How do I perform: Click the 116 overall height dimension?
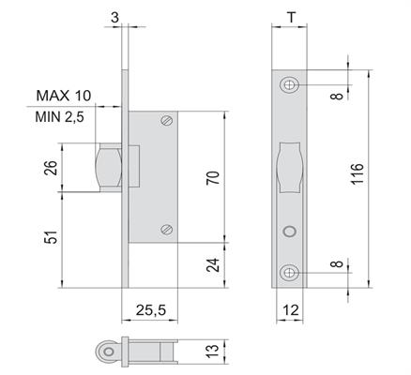[x=358, y=174]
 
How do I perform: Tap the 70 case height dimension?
[x=213, y=178]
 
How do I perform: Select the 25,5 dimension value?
[x=151, y=310]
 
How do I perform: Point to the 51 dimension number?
[x=51, y=237]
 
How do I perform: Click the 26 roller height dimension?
[x=51, y=168]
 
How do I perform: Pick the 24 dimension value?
[x=213, y=265]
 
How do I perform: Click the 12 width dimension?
[x=291, y=310]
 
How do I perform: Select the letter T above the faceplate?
[x=291, y=18]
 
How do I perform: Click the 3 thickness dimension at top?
[x=115, y=18]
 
